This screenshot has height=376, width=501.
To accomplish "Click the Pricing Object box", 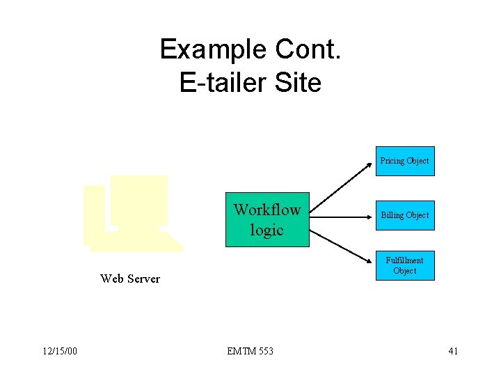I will [x=404, y=161].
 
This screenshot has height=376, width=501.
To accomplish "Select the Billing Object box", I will [x=404, y=215].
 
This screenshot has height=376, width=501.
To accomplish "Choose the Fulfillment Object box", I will [x=404, y=265].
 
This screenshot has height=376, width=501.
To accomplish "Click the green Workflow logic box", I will [x=267, y=219].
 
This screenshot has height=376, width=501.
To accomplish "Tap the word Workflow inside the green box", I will [x=267, y=210].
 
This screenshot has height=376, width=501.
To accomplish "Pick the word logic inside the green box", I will [x=267, y=230].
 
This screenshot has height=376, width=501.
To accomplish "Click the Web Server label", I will [x=129, y=279].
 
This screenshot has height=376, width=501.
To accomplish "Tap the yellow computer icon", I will [x=132, y=212].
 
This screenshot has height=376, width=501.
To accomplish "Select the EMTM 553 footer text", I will [x=250, y=351].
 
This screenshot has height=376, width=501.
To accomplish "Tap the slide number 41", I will [x=453, y=351].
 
